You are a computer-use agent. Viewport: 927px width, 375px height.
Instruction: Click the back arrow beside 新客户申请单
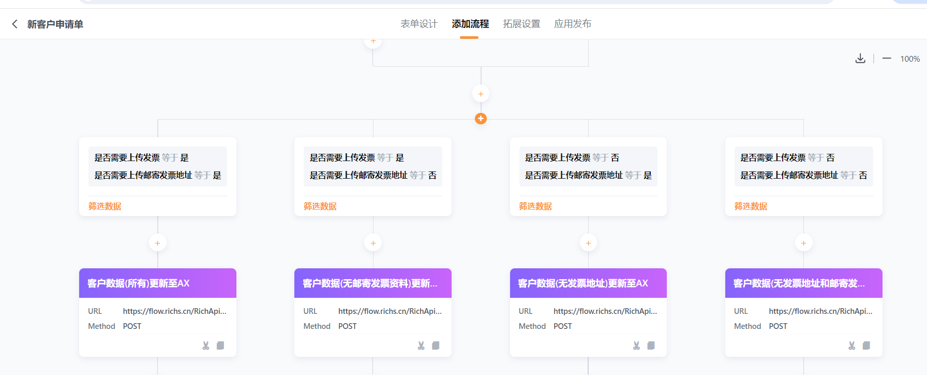tap(14, 24)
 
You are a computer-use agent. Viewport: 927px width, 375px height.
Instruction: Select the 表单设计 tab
tap(419, 24)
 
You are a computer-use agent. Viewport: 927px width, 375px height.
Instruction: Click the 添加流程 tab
tap(470, 24)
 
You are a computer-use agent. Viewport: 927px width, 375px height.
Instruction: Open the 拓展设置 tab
tap(521, 24)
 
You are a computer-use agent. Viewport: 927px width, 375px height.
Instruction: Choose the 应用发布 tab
tap(573, 24)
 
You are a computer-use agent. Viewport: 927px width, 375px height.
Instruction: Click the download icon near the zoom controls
tap(860, 59)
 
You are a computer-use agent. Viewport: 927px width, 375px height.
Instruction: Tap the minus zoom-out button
tap(887, 59)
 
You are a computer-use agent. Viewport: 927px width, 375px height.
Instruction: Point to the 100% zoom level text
tap(910, 59)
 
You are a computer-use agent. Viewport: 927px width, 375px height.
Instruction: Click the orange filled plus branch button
tap(481, 119)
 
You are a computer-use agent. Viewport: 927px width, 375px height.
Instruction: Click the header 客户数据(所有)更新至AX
tap(139, 283)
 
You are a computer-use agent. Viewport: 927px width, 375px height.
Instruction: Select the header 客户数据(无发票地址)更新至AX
tap(583, 283)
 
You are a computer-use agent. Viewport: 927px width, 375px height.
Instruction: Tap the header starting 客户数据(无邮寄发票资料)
tap(370, 283)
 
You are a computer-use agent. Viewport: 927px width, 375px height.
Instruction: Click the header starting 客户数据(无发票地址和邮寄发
tap(799, 283)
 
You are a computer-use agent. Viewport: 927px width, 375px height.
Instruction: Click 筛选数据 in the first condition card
tap(105, 206)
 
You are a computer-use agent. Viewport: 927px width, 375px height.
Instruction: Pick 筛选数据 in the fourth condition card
tap(751, 206)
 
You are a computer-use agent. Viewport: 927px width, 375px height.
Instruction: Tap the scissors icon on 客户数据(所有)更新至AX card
tap(206, 345)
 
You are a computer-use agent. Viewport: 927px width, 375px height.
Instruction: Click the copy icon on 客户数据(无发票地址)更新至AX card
tap(651, 345)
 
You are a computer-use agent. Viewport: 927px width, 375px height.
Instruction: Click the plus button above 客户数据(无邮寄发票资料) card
tap(373, 243)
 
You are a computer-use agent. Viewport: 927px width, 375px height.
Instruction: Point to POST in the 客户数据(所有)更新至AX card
tap(132, 326)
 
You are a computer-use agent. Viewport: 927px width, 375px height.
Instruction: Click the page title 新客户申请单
tap(55, 24)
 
